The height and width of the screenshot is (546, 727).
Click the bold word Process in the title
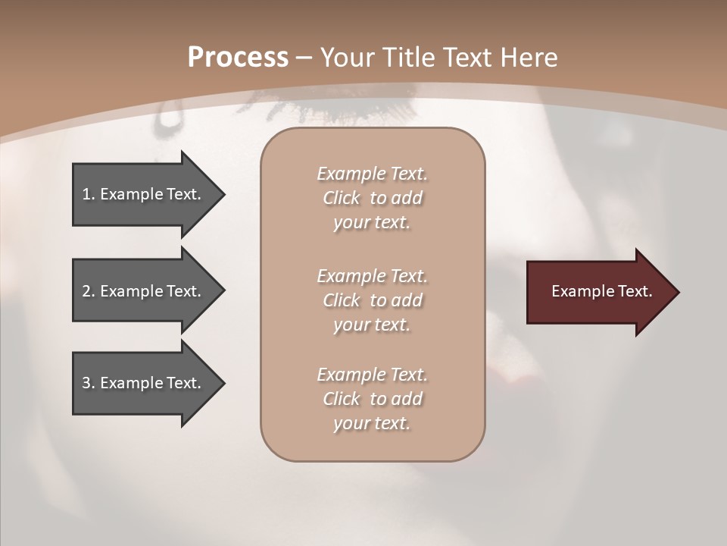point(238,58)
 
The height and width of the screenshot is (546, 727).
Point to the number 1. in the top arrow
point(88,194)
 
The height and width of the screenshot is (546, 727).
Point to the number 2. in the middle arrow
point(88,291)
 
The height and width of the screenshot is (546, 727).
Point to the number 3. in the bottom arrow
point(88,383)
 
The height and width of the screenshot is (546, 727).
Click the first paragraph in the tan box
point(372,198)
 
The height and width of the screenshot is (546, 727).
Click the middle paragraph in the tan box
point(372,300)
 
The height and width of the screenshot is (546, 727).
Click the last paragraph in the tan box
point(372,399)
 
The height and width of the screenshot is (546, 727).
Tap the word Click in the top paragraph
point(341,198)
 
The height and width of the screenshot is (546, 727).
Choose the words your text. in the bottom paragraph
point(372,423)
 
